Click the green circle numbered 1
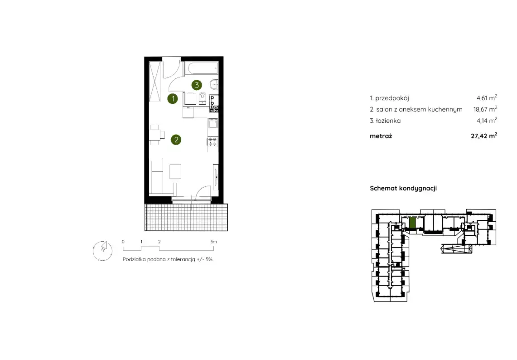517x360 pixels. pos(173,98)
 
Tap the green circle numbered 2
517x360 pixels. pos(176,140)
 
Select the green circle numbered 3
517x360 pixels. pos(197,85)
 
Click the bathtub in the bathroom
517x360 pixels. pos(201,68)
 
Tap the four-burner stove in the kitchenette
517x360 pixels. pos(213,142)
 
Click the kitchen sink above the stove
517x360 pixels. pos(213,123)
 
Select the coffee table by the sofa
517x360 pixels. pos(175,171)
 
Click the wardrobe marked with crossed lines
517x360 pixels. pos(155,82)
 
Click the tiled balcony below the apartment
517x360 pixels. pos(186,217)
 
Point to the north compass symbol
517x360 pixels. pos(103,251)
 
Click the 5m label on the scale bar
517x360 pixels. pos(214,242)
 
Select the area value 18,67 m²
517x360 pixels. pos(485,109)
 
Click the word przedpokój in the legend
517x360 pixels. pos(392,98)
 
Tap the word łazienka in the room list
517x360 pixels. pos(388,121)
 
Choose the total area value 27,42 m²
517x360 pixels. pos(484,136)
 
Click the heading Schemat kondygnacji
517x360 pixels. pos(403,189)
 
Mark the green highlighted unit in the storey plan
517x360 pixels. pos(412,223)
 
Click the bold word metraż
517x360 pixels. pos(381,136)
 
